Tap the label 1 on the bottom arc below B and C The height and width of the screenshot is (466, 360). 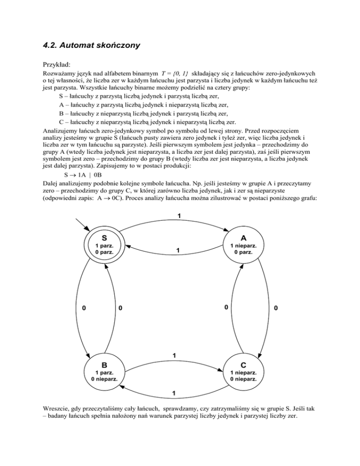[174, 392]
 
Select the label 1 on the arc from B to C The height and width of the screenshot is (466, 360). [174, 355]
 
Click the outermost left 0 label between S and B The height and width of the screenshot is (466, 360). [83, 308]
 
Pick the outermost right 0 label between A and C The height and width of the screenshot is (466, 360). [276, 308]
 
